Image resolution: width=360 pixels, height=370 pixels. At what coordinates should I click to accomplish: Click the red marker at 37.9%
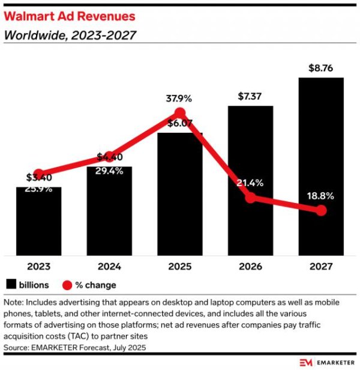pyautogui.click(x=179, y=114)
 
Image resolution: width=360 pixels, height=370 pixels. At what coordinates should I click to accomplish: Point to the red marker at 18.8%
pyautogui.click(x=321, y=210)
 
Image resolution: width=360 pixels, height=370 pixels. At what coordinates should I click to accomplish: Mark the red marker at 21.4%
pyautogui.click(x=251, y=198)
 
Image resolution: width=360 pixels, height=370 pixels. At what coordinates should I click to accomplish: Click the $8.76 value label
pyautogui.click(x=320, y=69)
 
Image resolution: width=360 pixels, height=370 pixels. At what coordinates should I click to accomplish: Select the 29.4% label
pyautogui.click(x=109, y=171)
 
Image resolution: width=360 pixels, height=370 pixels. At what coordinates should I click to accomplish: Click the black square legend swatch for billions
pyautogui.click(x=11, y=285)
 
